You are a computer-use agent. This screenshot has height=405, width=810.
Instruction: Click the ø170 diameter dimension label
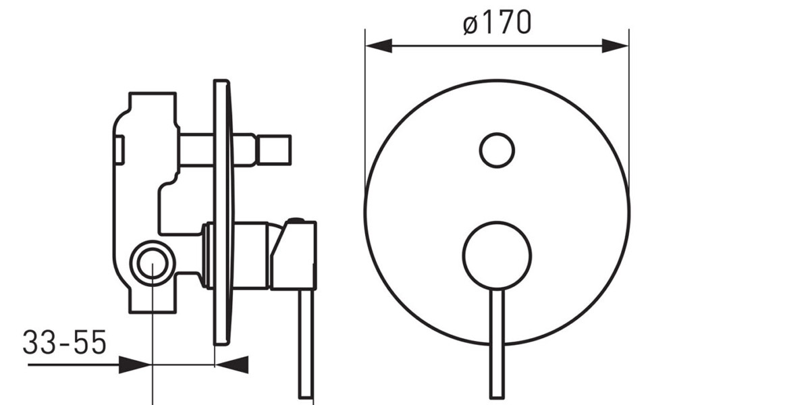[x=497, y=22]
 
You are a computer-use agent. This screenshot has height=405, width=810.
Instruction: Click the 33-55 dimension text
[x=65, y=342]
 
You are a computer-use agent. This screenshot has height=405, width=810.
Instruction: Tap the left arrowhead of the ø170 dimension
[x=379, y=46]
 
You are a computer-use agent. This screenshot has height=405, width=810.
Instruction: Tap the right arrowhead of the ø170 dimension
[x=615, y=46]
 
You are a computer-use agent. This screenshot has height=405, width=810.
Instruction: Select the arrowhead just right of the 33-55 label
[x=134, y=365]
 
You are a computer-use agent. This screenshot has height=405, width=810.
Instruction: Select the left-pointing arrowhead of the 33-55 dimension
[x=232, y=365]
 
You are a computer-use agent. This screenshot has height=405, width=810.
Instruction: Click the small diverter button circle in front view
[x=497, y=150]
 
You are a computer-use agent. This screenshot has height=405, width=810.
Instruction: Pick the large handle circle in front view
[x=497, y=256]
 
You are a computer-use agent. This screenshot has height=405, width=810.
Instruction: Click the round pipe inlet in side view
[x=153, y=264]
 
